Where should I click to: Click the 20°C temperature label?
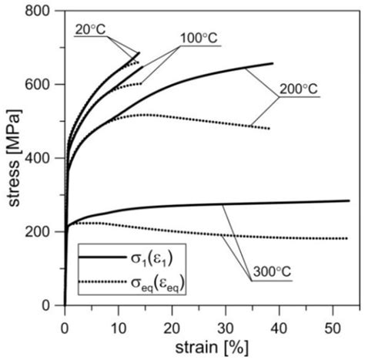pyautogui.click(x=92, y=29)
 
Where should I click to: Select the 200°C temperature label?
pyautogui.click(x=297, y=90)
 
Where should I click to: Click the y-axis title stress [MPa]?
pyautogui.click(x=13, y=157)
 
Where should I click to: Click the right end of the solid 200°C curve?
pyautogui.click(x=273, y=63)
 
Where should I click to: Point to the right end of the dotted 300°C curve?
pyautogui.click(x=347, y=238)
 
